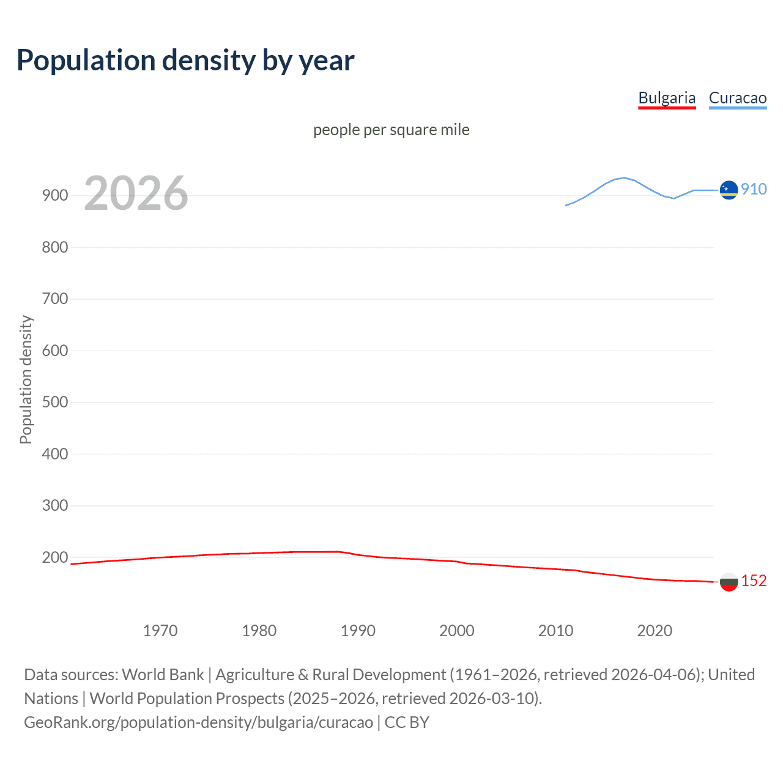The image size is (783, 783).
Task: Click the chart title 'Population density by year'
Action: point(185,61)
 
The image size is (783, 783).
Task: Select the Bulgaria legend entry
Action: point(667,98)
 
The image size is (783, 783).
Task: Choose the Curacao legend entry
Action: point(737,98)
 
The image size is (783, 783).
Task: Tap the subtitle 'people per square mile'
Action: point(391,130)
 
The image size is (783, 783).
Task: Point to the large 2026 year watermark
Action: point(136,193)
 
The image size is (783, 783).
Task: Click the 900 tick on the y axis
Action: point(55,196)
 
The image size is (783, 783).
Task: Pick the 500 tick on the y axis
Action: point(55,403)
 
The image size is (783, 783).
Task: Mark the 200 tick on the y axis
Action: point(55,557)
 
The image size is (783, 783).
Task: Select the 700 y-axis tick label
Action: point(55,299)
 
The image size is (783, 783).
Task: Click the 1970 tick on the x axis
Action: point(160,631)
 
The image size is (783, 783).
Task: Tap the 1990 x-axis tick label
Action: point(358,631)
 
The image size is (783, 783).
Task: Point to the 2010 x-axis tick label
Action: point(555,631)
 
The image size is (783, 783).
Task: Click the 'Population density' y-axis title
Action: point(26,379)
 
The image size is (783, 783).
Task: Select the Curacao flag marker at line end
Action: point(729,190)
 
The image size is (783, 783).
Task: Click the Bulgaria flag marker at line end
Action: point(729,582)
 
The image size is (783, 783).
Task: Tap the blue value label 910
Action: point(754,189)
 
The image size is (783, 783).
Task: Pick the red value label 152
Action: point(754,581)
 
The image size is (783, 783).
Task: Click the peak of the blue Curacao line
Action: point(624,177)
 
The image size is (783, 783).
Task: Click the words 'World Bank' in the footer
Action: point(163,674)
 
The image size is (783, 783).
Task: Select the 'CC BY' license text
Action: point(407,722)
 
